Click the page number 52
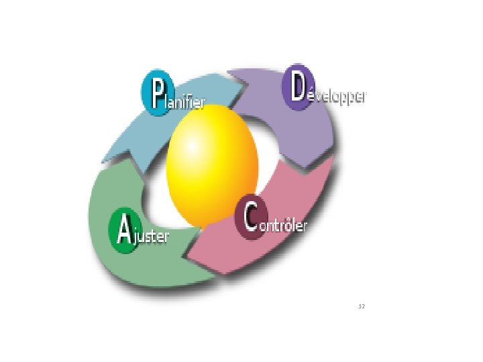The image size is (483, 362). coord(362,306)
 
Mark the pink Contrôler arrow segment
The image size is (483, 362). coord(268,248)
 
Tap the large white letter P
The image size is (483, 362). coord(157,95)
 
